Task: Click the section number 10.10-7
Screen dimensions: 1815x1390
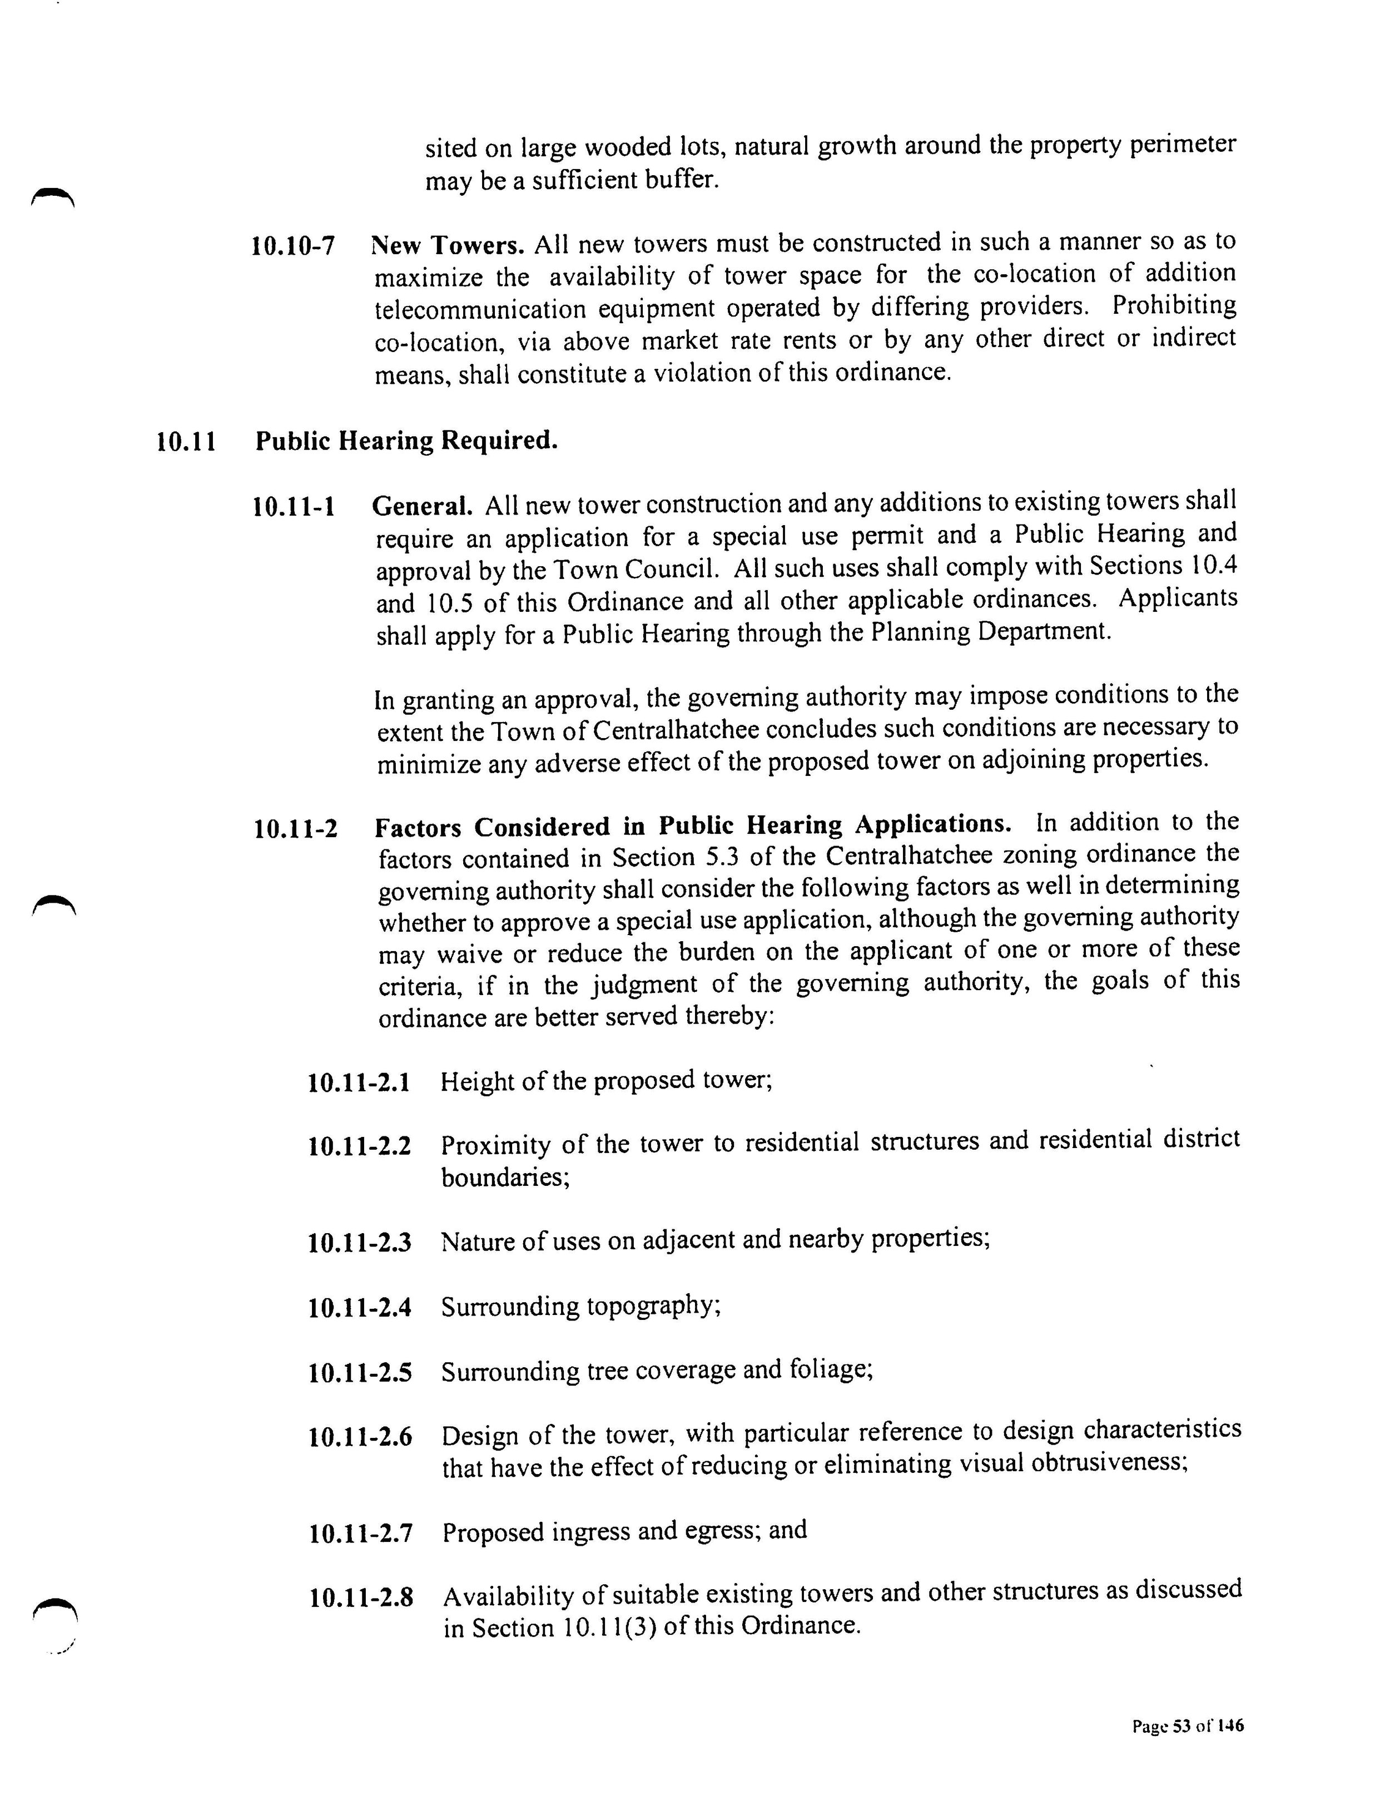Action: pos(293,246)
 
